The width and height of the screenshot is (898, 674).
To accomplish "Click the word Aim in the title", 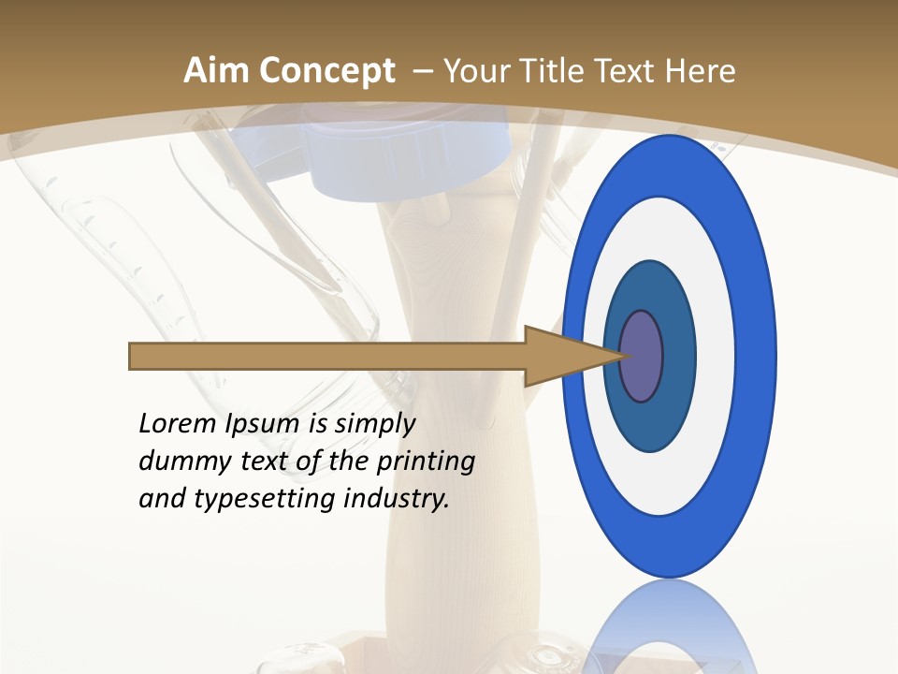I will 216,71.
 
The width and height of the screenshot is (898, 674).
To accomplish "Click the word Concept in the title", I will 326,72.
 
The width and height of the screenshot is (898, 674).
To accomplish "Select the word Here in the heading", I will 700,71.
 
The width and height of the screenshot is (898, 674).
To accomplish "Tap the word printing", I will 426,462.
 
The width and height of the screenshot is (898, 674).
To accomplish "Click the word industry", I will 397,499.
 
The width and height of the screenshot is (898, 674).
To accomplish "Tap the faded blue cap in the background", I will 412,159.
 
